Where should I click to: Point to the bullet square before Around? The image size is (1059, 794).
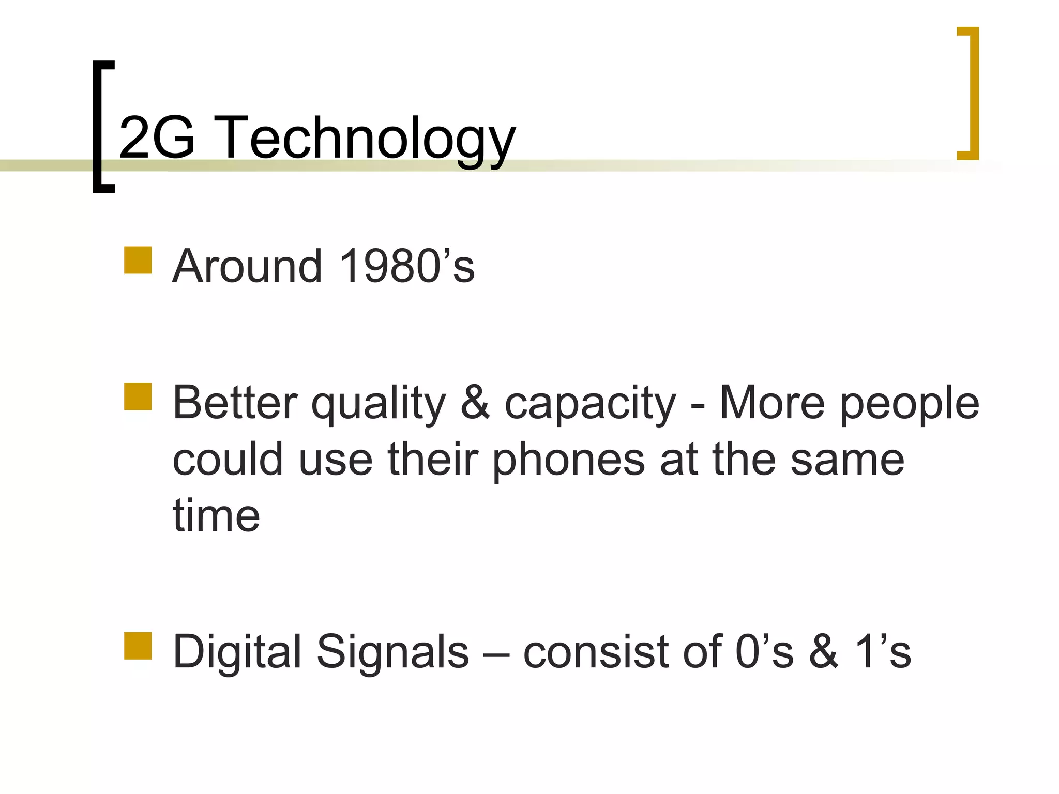pyautogui.click(x=138, y=260)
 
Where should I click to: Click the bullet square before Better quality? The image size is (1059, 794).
pyautogui.click(x=138, y=396)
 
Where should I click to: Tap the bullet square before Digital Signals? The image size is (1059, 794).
pyautogui.click(x=138, y=646)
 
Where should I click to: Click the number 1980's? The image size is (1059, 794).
pyautogui.click(x=407, y=266)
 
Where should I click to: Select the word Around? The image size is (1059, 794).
pyautogui.click(x=247, y=266)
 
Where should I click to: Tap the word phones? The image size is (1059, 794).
pyautogui.click(x=568, y=461)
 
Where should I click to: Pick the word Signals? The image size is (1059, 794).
pyautogui.click(x=392, y=653)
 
